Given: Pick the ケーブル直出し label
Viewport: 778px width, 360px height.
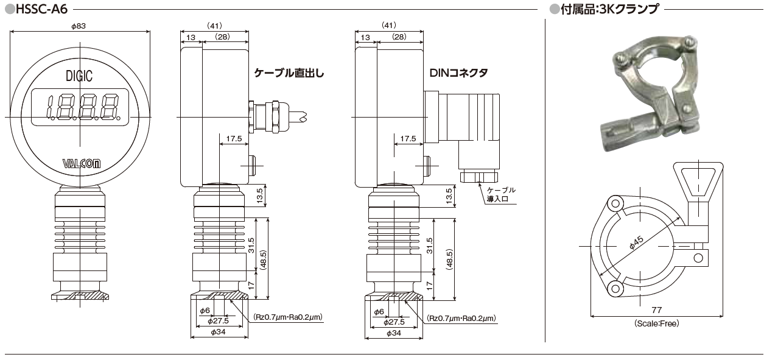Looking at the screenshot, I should click(x=289, y=73).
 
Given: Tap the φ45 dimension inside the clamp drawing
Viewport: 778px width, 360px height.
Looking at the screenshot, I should click(x=636, y=243).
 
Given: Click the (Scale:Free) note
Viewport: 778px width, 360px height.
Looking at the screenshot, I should click(x=656, y=323).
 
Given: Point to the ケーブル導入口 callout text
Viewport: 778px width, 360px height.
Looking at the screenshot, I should click(x=501, y=194).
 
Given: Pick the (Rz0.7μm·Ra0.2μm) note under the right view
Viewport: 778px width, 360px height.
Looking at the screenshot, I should click(x=461, y=319).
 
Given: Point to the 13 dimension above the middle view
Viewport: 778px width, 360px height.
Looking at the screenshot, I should click(x=191, y=37).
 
